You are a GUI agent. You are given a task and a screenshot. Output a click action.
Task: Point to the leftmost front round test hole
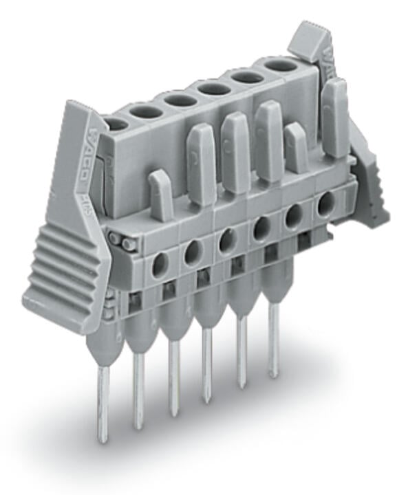[159, 264]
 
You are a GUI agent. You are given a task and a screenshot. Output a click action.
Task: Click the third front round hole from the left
[225, 241]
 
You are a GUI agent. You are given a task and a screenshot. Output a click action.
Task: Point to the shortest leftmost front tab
[160, 196]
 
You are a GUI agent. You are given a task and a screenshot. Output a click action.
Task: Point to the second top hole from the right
[246, 76]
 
